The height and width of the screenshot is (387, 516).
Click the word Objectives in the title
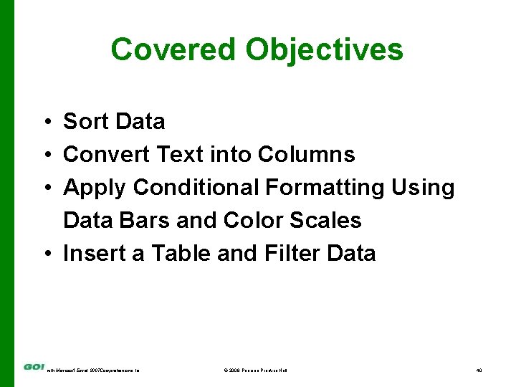click(324, 49)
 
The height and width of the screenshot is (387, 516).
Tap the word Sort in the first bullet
click(86, 122)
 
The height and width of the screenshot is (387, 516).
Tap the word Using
click(423, 187)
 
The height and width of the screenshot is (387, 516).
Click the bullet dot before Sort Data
click(44, 123)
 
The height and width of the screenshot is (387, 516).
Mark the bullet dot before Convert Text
click(44, 155)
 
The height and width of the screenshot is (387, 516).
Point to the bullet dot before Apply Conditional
click(44, 188)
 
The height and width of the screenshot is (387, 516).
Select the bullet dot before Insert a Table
click(44, 254)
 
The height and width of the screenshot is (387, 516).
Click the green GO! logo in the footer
click(34, 367)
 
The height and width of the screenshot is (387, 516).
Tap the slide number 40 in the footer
click(479, 370)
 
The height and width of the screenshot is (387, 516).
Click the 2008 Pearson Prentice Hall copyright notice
click(255, 370)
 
